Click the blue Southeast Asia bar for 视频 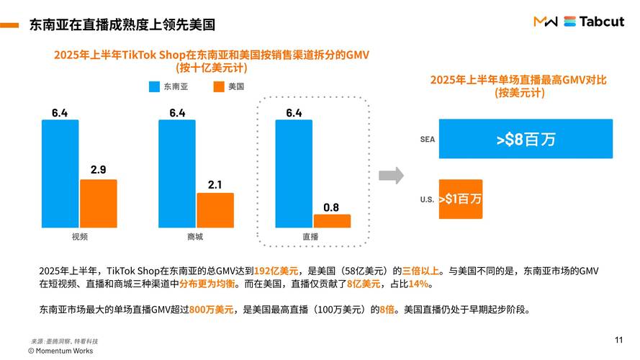tap(60, 174)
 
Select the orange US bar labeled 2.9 tap(99, 203)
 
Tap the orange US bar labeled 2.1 tap(215, 210)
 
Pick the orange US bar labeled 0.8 tap(332, 220)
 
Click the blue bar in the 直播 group tap(294, 174)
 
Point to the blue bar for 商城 tap(177, 174)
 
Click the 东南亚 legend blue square tap(153, 87)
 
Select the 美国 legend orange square tap(219, 87)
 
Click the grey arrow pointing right tap(391, 175)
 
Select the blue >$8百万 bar tap(526, 139)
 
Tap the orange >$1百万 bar tap(460, 199)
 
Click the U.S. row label tap(427, 199)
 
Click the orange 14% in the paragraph tap(419, 284)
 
